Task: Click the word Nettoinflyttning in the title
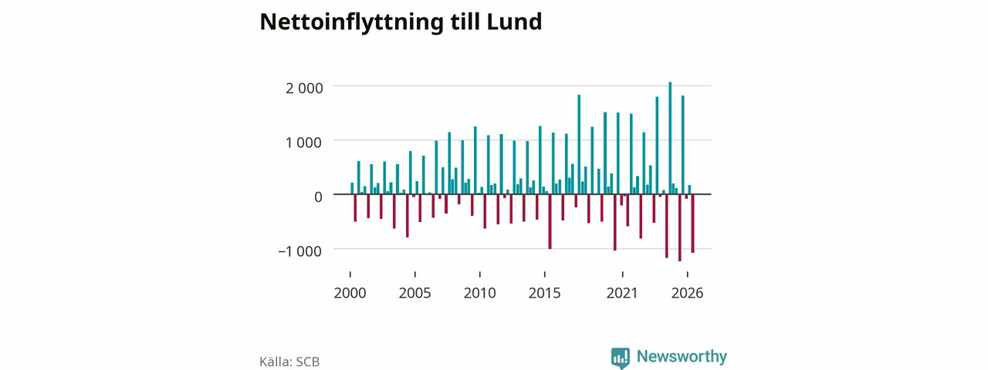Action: [x=351, y=22]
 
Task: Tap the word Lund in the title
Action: [x=514, y=22]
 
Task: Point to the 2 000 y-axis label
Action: [x=304, y=88]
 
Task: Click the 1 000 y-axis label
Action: [x=304, y=143]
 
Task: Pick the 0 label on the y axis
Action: [x=318, y=197]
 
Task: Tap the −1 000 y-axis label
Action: [x=300, y=251]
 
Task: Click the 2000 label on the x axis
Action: [x=350, y=294]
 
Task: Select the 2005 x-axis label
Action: [x=414, y=294]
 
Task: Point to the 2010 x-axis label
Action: [x=479, y=294]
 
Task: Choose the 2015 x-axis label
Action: [x=545, y=294]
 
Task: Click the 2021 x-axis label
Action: [x=622, y=294]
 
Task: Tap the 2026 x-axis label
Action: [x=687, y=294]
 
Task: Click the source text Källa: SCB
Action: [x=289, y=362]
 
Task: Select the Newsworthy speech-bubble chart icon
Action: [x=620, y=358]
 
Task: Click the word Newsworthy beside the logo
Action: [x=682, y=356]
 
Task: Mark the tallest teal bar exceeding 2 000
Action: [x=670, y=138]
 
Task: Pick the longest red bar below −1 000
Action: [x=680, y=227]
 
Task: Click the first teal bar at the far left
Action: [x=352, y=189]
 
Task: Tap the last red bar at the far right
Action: [x=693, y=224]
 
